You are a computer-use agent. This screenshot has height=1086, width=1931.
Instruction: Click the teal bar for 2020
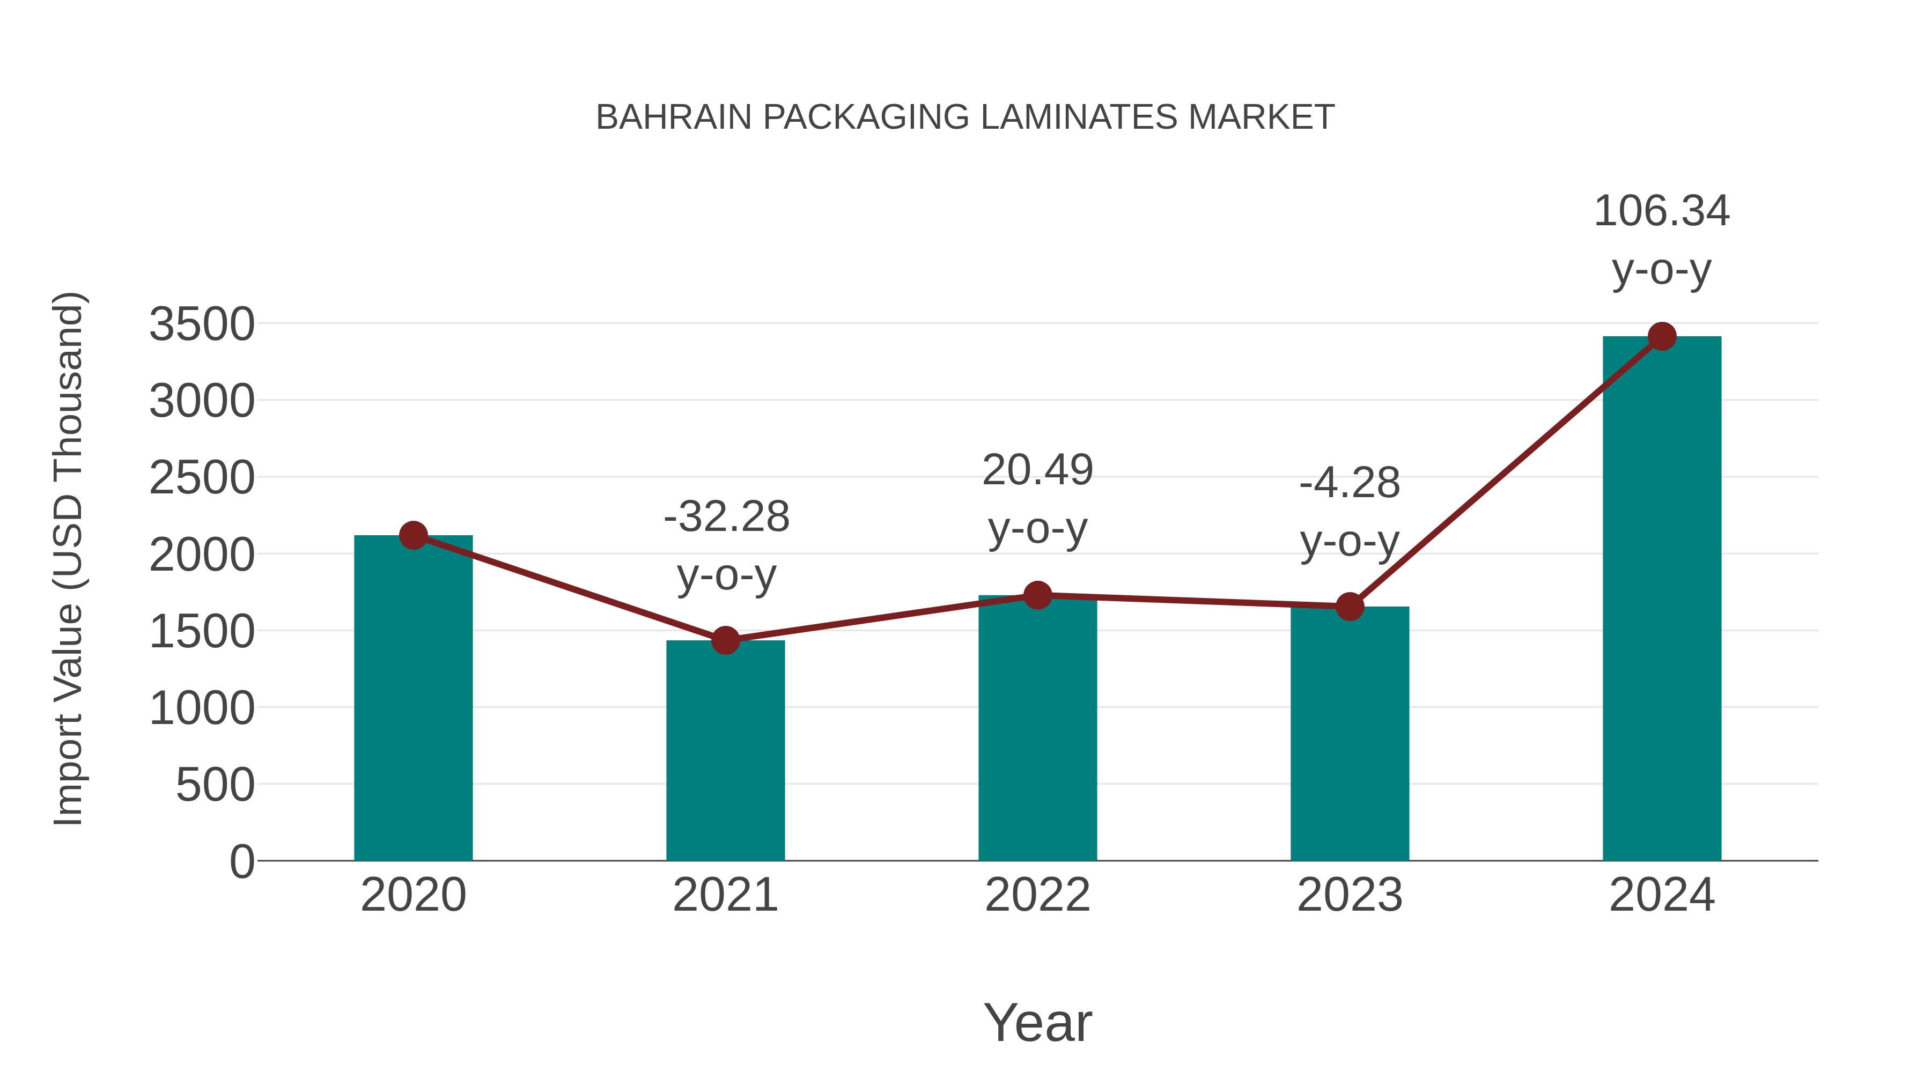(413, 697)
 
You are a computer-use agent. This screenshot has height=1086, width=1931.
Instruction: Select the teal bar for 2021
(725, 750)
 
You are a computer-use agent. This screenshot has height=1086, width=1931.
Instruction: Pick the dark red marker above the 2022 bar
(1037, 595)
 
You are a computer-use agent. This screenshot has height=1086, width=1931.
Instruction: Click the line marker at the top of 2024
(1662, 336)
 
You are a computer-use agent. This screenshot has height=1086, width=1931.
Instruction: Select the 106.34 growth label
(1661, 211)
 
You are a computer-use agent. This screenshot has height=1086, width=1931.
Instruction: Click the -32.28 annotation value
(726, 516)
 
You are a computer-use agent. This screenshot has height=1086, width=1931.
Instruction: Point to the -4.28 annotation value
(1350, 483)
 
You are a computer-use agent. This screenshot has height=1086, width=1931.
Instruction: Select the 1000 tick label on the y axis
(202, 708)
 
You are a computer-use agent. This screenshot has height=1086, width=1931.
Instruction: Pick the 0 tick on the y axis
(241, 861)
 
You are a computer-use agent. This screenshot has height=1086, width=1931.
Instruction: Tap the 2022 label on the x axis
(1037, 895)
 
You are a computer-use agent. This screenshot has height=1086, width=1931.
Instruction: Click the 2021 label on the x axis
(725, 895)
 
